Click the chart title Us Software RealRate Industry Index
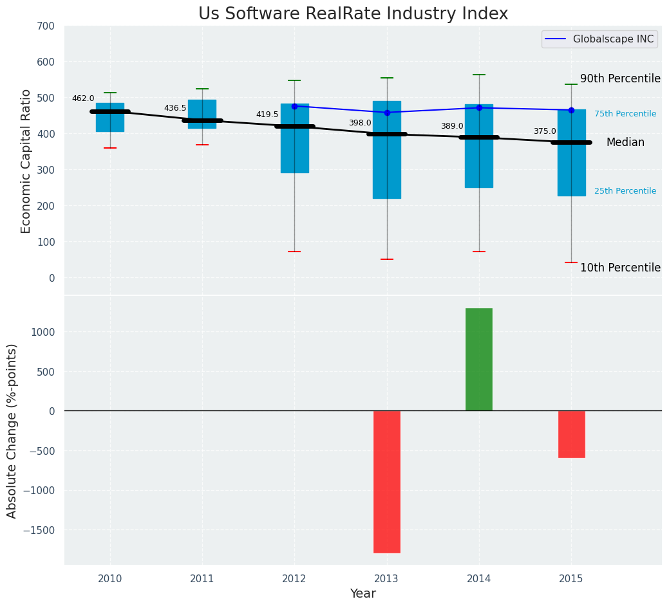coord(353,14)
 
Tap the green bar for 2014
coord(479,359)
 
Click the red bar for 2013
coord(387,481)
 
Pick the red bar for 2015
coord(571,434)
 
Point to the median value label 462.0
coord(83,98)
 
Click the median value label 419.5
coord(267,115)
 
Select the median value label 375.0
coord(545,131)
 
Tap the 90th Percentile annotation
coord(620,78)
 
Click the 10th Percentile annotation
coord(620,268)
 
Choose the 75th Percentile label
coord(625,114)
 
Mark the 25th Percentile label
coord(625,191)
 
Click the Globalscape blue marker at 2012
coord(294,106)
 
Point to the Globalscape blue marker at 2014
coord(479,107)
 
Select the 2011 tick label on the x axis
coord(202,579)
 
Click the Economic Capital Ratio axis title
coord(26,161)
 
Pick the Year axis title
coord(363,594)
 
